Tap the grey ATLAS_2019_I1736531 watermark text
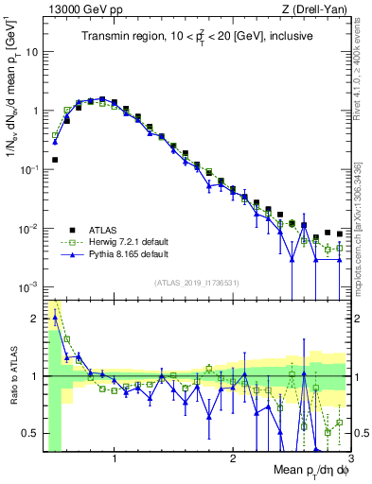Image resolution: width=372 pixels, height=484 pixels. pos(197,283)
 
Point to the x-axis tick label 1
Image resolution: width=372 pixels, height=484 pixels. pos(115,458)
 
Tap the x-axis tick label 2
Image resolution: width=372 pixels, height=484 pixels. pos(233,458)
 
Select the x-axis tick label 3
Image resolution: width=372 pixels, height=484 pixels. pos(349,458)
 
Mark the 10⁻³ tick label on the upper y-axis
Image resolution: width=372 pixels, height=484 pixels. pos(28,285)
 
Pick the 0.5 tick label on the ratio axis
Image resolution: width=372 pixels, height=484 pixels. pos(28,433)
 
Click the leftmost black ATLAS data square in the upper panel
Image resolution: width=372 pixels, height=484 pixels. pos(55,161)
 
